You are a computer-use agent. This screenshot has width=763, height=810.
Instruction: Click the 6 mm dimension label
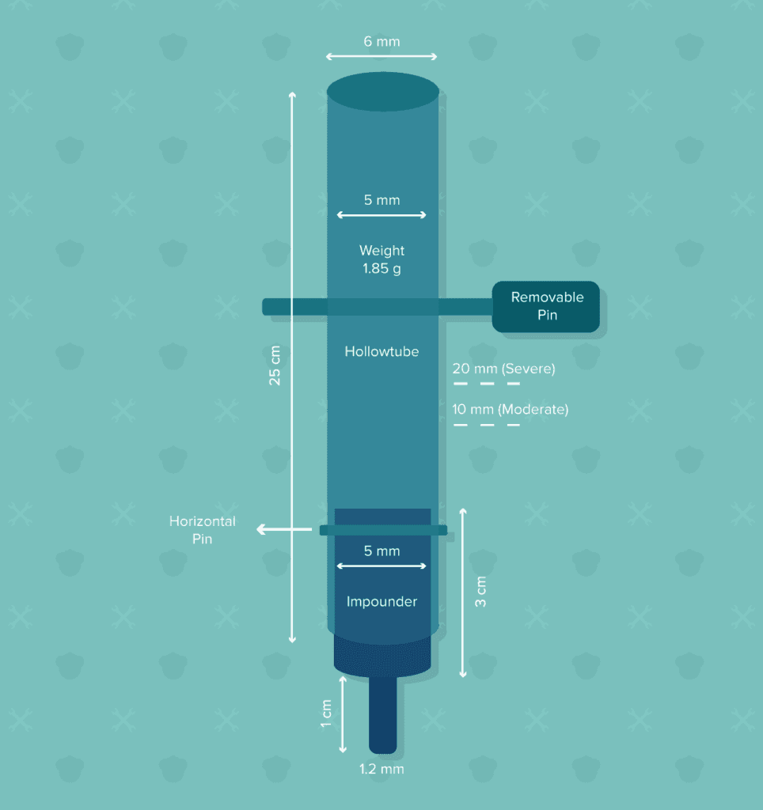point(381,41)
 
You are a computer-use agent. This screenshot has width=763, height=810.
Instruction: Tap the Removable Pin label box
point(546,306)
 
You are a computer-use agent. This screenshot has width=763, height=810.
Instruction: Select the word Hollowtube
point(381,351)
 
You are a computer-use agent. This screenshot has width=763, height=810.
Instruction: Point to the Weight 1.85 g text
point(381,259)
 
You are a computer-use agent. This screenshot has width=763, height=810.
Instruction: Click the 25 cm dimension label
point(275,365)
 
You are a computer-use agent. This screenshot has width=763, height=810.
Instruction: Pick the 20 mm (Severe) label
point(503,369)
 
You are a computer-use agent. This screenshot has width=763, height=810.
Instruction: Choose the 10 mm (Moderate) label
point(511,409)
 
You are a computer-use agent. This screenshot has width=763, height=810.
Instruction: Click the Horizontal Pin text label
point(202,529)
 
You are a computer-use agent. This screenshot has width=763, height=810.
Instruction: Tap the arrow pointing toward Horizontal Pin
point(284,529)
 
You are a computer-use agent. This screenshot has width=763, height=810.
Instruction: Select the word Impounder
point(381,601)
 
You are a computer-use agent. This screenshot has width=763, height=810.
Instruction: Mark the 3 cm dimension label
point(480,592)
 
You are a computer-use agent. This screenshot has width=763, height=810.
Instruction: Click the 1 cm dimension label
point(326,713)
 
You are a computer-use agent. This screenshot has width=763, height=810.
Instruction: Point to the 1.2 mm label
point(381,769)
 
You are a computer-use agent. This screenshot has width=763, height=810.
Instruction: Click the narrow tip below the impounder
point(383,714)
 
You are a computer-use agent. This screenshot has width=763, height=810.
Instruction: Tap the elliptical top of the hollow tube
point(383,92)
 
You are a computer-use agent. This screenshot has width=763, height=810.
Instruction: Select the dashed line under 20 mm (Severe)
point(487,384)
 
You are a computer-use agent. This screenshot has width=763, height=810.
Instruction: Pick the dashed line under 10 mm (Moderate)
point(487,425)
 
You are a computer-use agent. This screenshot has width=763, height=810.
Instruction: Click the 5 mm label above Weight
point(381,200)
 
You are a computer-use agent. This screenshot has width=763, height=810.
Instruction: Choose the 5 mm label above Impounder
point(381,551)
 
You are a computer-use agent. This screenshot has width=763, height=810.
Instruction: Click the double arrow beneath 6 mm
point(381,56)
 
